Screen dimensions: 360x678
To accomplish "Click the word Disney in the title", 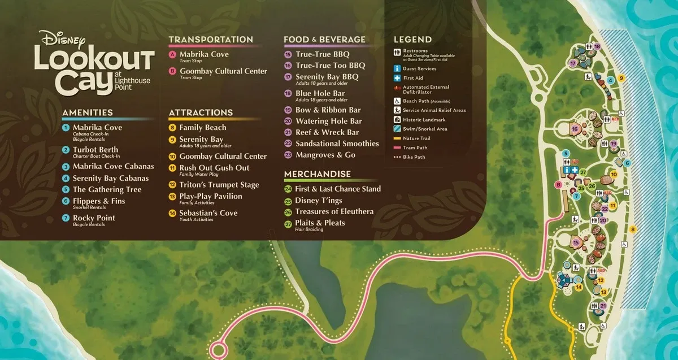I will [x=62, y=39].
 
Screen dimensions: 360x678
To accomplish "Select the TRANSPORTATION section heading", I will [x=211, y=40].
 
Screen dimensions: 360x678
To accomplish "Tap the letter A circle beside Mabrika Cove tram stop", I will [x=172, y=54].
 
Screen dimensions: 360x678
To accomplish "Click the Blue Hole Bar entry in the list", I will [x=320, y=94].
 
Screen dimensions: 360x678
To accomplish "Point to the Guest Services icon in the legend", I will [x=397, y=69].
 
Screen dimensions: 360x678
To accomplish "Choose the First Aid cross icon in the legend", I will [x=397, y=78].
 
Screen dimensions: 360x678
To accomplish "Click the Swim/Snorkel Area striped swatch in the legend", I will [x=397, y=129].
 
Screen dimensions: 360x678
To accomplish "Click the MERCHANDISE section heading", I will [x=317, y=174].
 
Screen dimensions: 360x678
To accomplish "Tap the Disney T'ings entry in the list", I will [x=318, y=200].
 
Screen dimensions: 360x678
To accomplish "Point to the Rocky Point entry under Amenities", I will [x=93, y=218].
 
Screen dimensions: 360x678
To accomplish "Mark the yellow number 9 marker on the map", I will [x=621, y=79].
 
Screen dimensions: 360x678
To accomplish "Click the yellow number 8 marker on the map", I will [x=633, y=229].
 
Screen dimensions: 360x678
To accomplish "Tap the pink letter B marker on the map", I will [x=558, y=184].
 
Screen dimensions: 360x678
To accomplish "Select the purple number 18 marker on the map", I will [x=597, y=46].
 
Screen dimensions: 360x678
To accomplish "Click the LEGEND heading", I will [x=412, y=40].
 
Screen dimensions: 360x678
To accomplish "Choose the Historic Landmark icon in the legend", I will [x=397, y=120].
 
